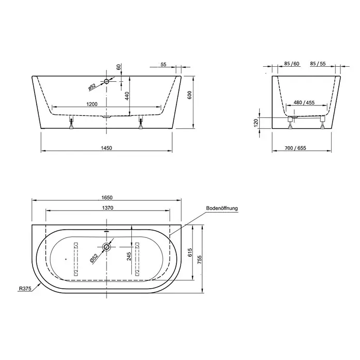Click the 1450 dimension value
coord(107,148)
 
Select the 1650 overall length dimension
coord(107,198)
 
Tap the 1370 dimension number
coord(108,208)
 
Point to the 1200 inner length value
coord(92,104)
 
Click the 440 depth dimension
coord(127,96)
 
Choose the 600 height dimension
coord(189,95)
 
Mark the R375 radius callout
coord(25,289)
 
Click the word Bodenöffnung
coord(222,208)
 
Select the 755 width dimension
coord(200,260)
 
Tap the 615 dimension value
coord(190,252)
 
